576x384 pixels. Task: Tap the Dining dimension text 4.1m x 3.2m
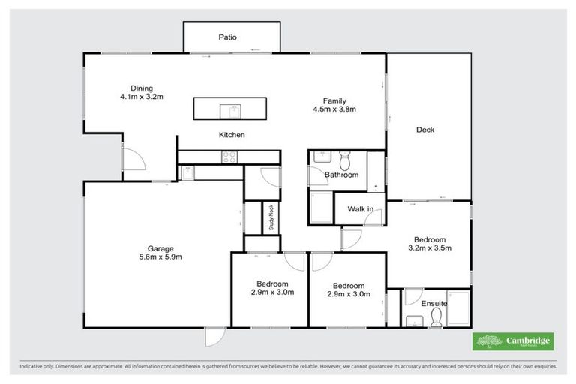(141, 97)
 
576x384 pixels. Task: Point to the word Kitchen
(232, 135)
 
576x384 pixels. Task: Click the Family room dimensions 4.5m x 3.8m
(334, 109)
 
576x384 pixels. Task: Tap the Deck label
(425, 130)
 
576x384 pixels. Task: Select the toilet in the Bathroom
(346, 160)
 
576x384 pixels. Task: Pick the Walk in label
(360, 210)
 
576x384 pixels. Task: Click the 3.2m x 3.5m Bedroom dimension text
(429, 247)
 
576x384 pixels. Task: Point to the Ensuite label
(433, 304)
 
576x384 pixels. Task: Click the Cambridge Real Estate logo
(513, 341)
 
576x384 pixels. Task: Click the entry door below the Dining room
(132, 159)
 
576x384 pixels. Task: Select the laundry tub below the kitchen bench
(187, 172)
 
